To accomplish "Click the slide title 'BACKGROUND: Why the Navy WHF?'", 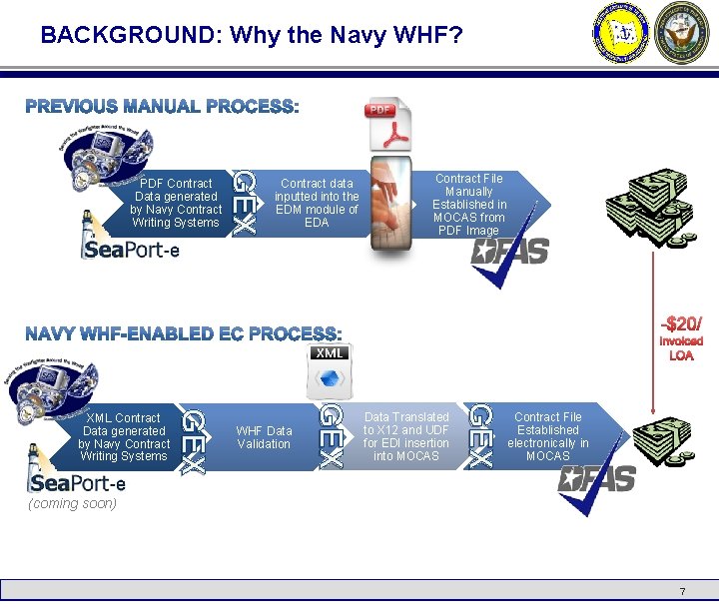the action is point(252,36).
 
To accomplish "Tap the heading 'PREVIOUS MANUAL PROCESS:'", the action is point(162,106).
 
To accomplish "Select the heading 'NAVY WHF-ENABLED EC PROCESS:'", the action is point(184,333).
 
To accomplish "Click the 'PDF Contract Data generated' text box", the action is point(176,203).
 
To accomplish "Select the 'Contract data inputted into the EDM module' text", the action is point(317,203).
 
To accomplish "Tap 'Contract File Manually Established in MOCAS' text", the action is point(468,204).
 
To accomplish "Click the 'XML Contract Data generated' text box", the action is point(124,437).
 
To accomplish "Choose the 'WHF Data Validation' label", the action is point(264,437).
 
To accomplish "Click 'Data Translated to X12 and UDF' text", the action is point(406,436).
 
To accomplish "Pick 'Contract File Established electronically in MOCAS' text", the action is point(547,436).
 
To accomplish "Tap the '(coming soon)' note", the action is point(73,503).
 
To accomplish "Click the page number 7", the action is point(682,592).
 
